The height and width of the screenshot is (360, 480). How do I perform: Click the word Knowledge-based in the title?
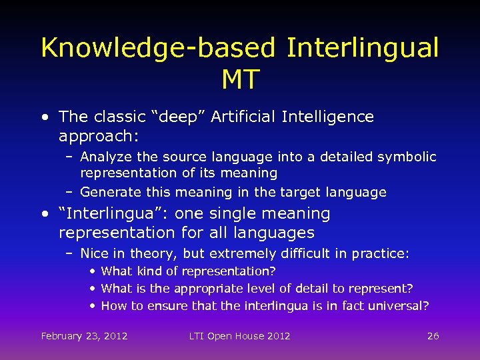[x=158, y=48]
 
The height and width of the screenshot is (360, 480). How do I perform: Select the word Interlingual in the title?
[x=363, y=48]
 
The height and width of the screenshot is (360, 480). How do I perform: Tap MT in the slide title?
[x=240, y=80]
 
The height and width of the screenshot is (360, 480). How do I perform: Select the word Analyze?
[x=105, y=157]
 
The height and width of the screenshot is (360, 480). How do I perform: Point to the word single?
[x=236, y=214]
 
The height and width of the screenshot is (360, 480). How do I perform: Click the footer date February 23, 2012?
[x=84, y=336]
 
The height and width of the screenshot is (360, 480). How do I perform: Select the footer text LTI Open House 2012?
[x=239, y=336]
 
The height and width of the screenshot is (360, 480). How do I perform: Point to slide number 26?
[x=433, y=336]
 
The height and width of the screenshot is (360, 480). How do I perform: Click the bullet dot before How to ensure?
[x=93, y=306]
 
